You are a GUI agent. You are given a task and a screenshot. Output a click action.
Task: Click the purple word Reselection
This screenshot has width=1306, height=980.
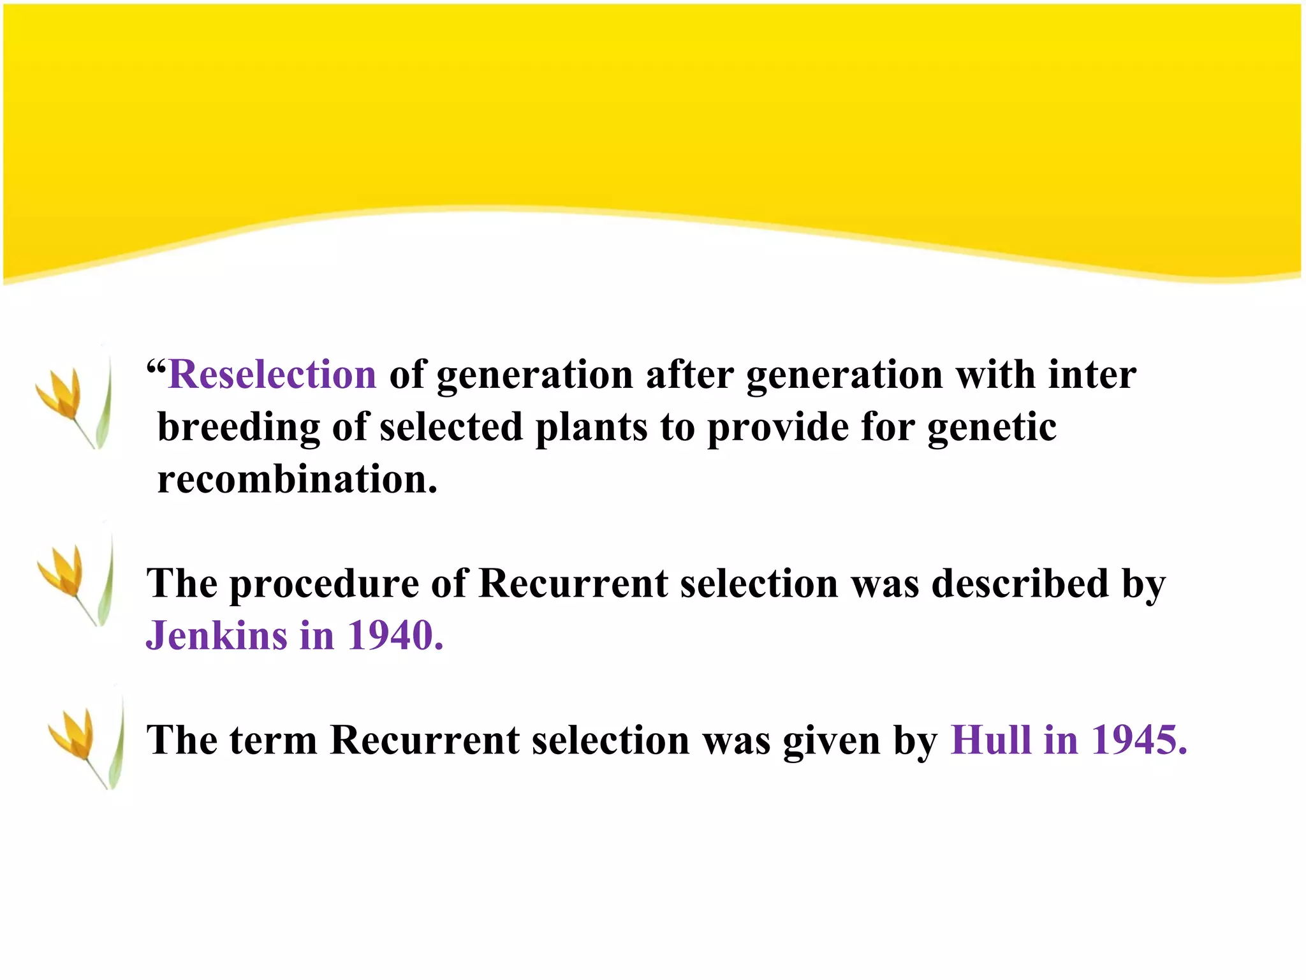coord(273,375)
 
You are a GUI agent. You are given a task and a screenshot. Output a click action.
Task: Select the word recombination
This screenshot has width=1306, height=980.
coord(297,479)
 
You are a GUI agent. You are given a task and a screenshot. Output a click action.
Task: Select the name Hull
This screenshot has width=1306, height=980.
coord(990,740)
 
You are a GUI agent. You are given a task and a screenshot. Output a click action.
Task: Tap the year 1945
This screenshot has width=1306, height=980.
coord(1140,740)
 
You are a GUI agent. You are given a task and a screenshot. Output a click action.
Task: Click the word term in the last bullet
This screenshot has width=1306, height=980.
coord(273,740)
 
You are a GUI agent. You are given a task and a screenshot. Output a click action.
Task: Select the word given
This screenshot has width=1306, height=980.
coord(831,741)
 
